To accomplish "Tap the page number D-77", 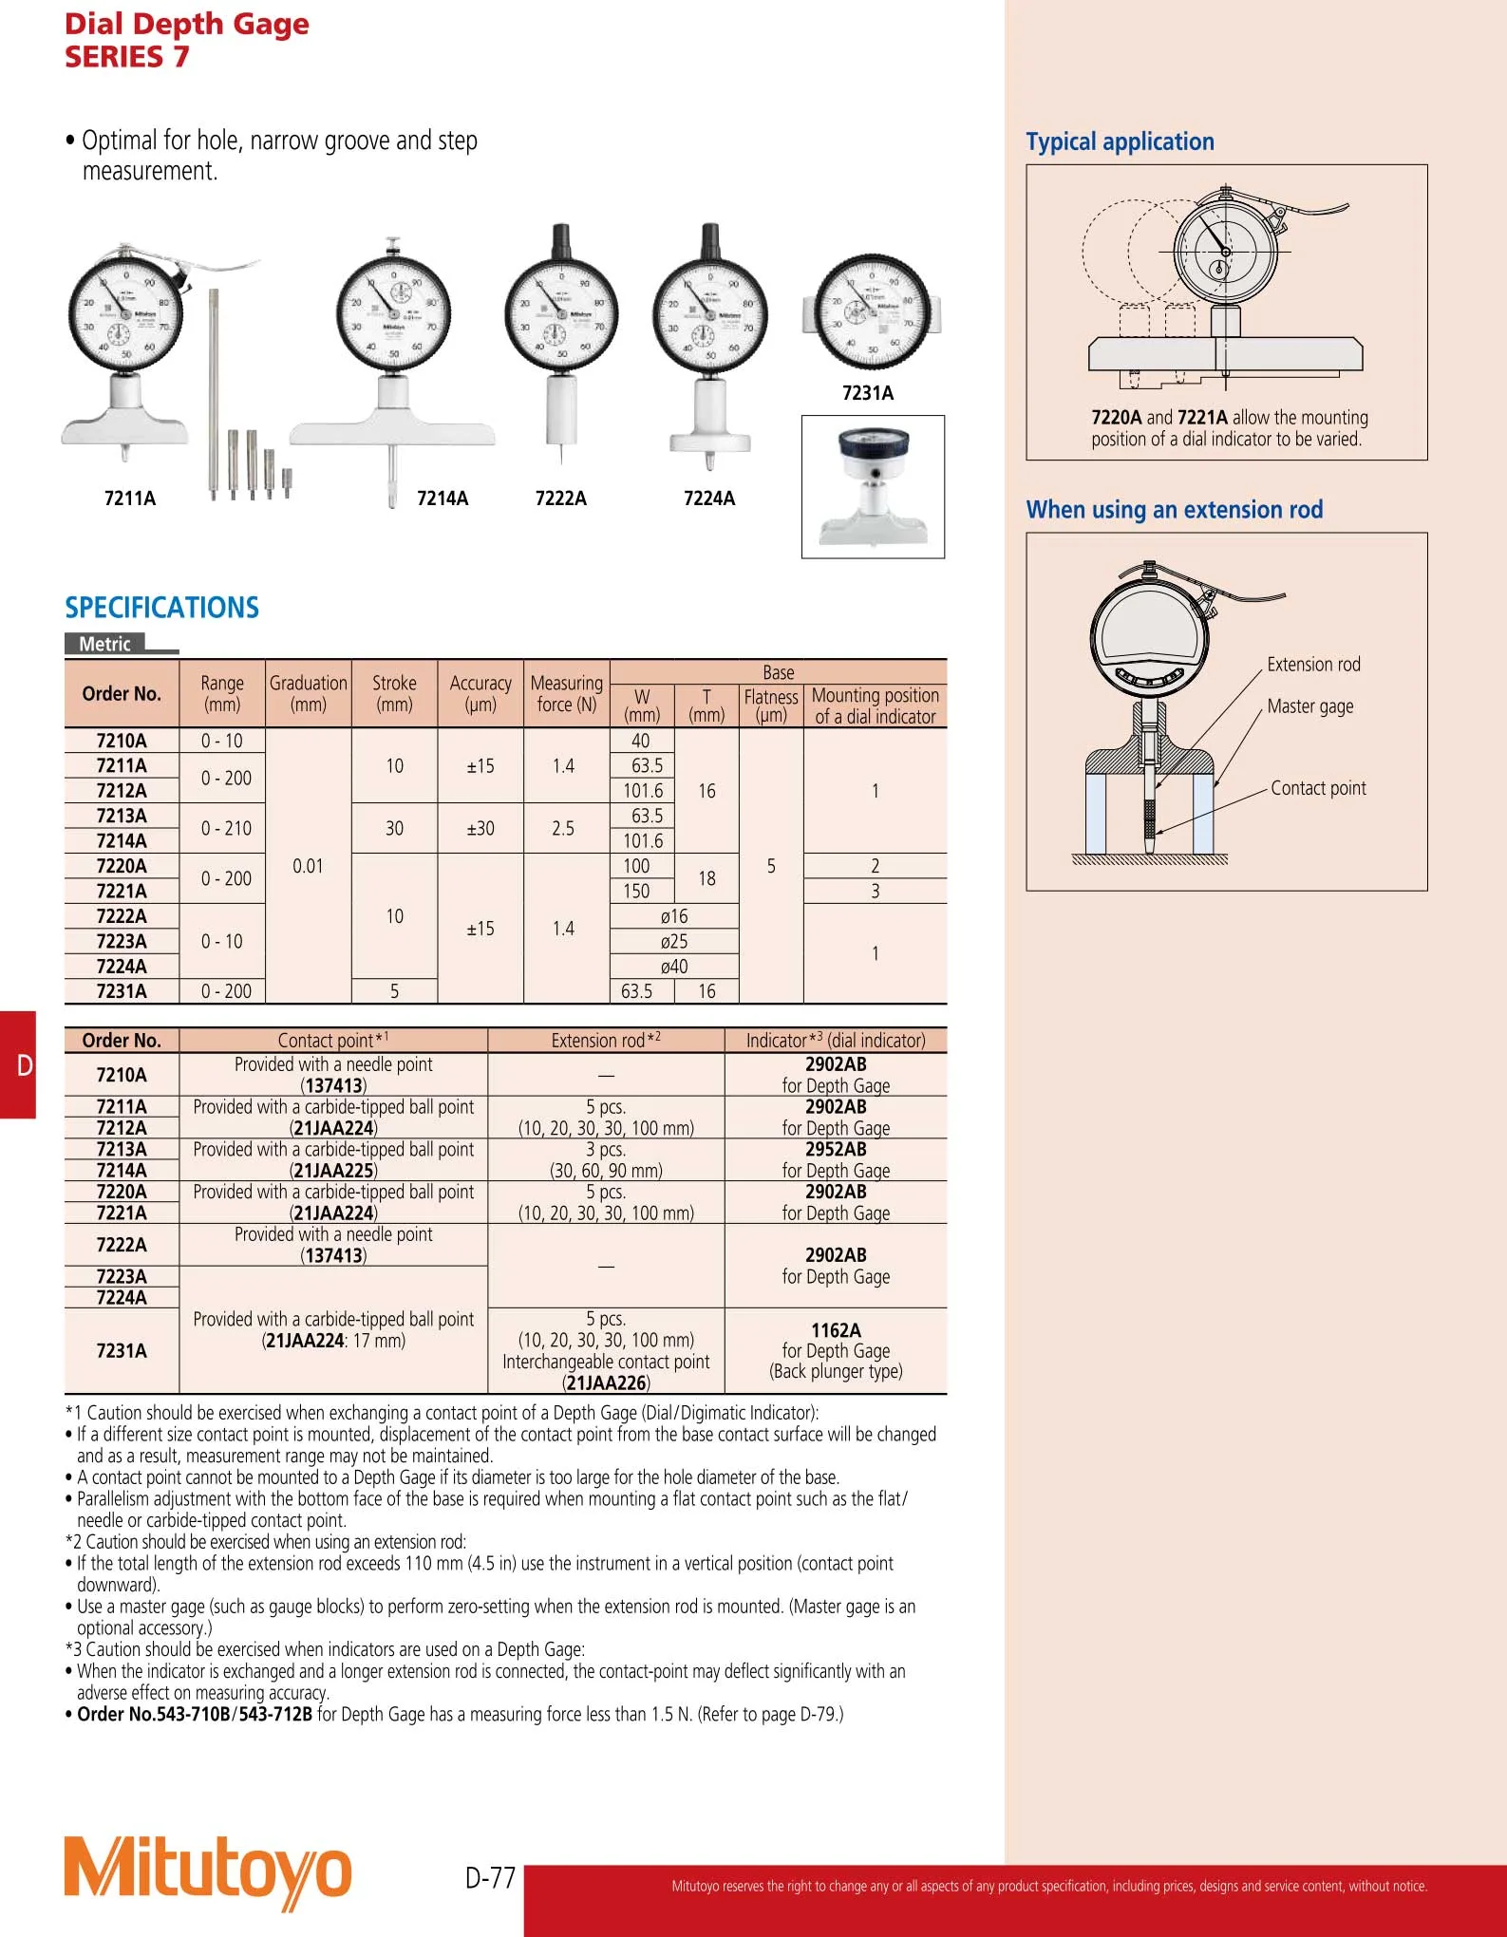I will [x=490, y=1877].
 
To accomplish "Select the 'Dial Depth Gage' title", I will [x=187, y=24].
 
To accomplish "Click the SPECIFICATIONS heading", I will [x=161, y=608].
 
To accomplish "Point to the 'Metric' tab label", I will [x=104, y=644].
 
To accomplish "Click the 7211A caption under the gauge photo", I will [x=130, y=498].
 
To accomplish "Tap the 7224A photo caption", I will [x=709, y=498].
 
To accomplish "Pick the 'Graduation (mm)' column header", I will [x=309, y=693].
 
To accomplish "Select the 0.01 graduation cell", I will [x=308, y=866].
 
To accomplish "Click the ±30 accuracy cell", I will [x=480, y=828].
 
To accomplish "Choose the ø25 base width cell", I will [x=674, y=941].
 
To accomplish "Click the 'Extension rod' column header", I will [x=606, y=1041].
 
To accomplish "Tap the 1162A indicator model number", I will [x=836, y=1330].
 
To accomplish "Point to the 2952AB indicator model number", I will [x=836, y=1149].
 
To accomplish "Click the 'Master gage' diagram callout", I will [x=1310, y=706].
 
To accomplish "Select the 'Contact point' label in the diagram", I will [x=1318, y=788].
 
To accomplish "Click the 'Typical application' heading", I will [x=1120, y=142].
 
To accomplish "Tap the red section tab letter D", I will [x=25, y=1065].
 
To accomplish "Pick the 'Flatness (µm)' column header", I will [x=771, y=705].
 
